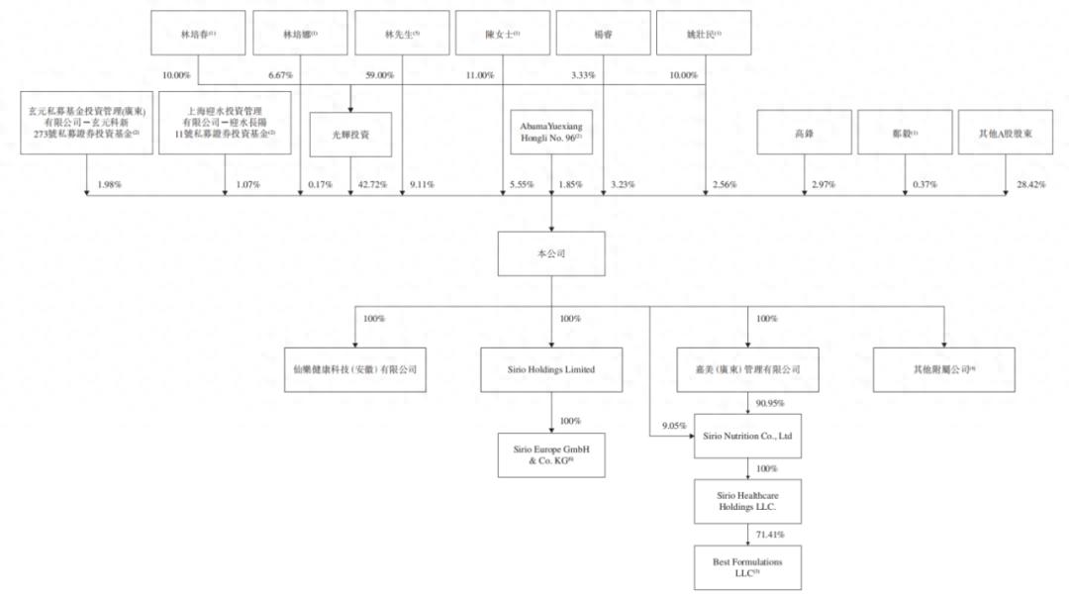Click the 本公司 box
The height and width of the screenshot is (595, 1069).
tap(551, 254)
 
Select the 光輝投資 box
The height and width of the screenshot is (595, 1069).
tap(350, 135)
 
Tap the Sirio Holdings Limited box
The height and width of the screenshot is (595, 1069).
tap(551, 370)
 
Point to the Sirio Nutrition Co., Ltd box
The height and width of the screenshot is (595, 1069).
tap(747, 436)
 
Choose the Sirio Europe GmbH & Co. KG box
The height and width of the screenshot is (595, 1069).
tap(551, 455)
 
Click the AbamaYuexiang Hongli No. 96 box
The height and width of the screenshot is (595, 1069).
tap(551, 133)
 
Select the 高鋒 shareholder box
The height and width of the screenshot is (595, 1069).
tap(804, 133)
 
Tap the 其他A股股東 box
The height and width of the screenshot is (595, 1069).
tap(1005, 133)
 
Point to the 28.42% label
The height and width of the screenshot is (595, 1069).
tap(1030, 184)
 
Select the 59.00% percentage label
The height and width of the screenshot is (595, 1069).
tap(379, 75)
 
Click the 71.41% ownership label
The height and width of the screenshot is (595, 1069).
tap(771, 535)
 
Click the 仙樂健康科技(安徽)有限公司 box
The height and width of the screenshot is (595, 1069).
tap(355, 370)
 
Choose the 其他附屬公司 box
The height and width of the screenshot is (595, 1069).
tap(943, 370)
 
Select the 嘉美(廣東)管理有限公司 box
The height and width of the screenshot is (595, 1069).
tap(747, 370)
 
